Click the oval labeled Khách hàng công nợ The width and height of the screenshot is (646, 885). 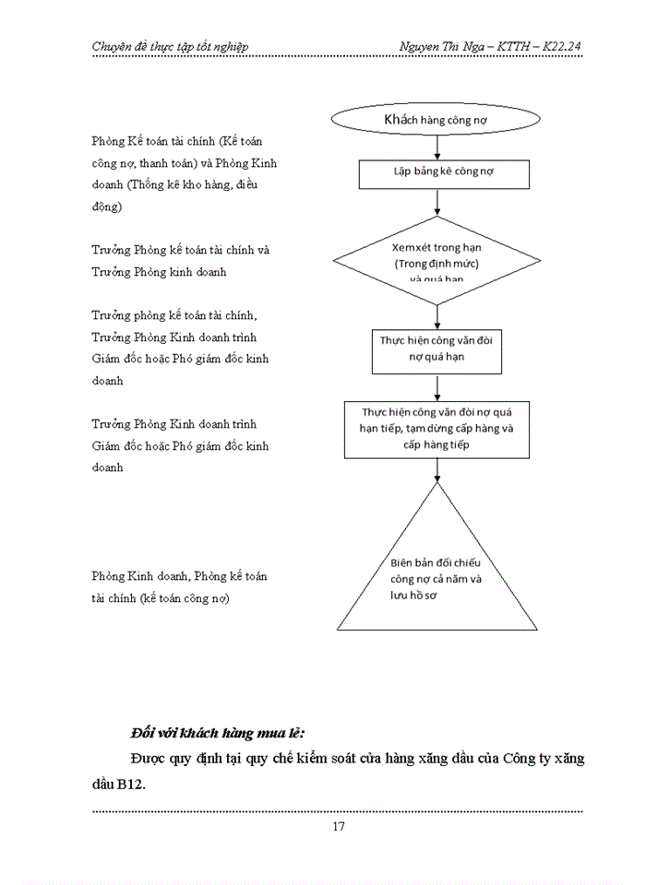(x=437, y=119)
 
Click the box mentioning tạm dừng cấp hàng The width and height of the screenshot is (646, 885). (x=437, y=430)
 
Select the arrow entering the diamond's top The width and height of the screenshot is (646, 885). (x=437, y=202)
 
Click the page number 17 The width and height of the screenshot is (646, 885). (x=338, y=826)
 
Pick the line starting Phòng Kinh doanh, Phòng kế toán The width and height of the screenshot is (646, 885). (x=180, y=576)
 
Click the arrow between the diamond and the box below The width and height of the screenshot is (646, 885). (x=437, y=316)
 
